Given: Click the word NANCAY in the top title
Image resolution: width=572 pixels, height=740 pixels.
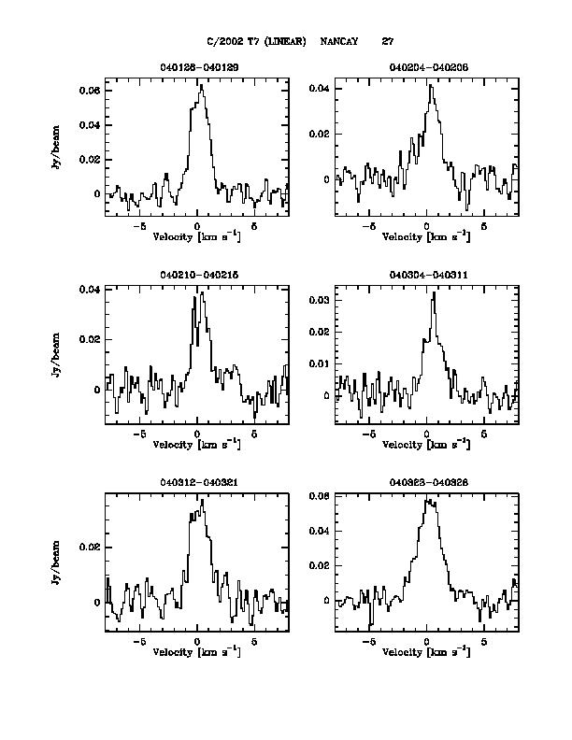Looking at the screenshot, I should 339,41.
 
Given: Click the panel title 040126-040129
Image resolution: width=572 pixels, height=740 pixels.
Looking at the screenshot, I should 197,68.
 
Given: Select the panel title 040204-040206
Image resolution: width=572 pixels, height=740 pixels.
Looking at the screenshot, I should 426,68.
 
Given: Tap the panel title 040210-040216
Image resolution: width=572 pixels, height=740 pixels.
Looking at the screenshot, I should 197,275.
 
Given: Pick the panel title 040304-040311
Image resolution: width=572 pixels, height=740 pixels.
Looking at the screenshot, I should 426,275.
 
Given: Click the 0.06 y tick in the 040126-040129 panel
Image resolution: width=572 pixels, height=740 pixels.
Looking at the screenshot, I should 92,91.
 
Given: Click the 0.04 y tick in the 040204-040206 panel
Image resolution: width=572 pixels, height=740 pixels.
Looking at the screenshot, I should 321,89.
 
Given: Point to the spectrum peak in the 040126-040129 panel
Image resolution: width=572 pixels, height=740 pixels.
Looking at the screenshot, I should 202,85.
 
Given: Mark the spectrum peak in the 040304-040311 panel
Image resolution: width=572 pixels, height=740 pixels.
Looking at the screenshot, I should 434,293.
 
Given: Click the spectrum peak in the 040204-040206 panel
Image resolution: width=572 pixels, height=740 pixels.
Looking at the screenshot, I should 430,85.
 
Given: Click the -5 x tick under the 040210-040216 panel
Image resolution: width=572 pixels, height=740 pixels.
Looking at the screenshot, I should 139,434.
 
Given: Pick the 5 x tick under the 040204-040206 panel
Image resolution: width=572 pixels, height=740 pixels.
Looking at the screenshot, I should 484,227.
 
